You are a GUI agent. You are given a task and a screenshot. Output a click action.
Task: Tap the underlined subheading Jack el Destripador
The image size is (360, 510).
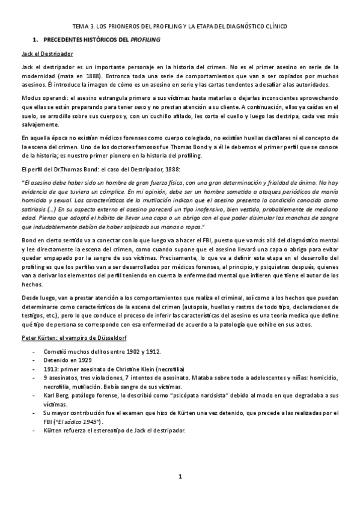pyautogui.click(x=47, y=54)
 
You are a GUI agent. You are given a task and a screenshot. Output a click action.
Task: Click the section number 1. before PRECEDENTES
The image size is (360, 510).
pyautogui.click(x=35, y=40)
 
